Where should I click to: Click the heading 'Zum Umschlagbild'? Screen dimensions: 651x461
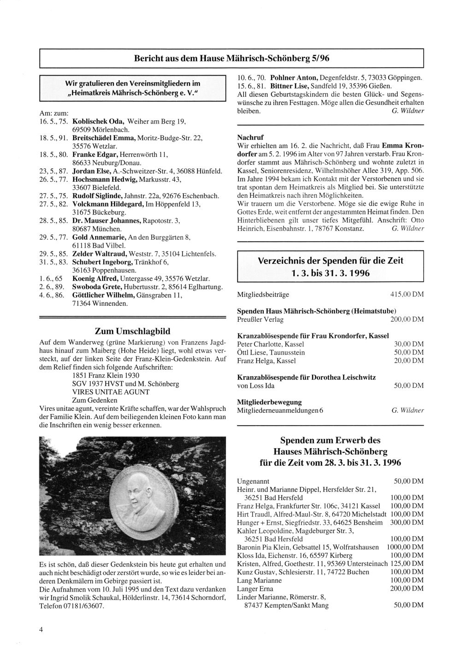(132, 331)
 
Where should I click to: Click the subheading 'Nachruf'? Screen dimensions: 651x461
(249, 137)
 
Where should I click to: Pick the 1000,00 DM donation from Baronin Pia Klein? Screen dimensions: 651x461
(405, 547)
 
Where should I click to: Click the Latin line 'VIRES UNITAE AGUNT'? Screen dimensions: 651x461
(111, 392)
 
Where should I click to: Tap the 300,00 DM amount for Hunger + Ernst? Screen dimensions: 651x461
(407, 522)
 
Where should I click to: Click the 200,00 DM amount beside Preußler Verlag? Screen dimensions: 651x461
(404, 320)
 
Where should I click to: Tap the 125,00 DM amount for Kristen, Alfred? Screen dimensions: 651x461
(407, 563)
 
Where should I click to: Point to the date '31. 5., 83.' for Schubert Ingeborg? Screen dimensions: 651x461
(53, 262)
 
